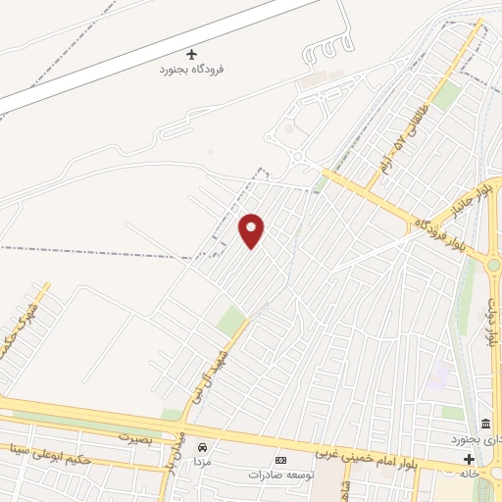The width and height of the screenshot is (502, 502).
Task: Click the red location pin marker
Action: coord(252,230)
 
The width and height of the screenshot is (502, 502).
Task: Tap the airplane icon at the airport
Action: coord(191,53)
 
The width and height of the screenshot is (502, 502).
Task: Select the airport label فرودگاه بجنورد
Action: coord(193,70)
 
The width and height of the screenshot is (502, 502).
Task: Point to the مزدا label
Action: coord(202,460)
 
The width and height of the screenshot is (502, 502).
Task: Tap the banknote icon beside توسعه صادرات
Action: coord(281,460)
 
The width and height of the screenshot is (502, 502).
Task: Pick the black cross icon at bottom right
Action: coord(469,459)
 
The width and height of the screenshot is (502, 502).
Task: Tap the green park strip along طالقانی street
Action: coord(447,95)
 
